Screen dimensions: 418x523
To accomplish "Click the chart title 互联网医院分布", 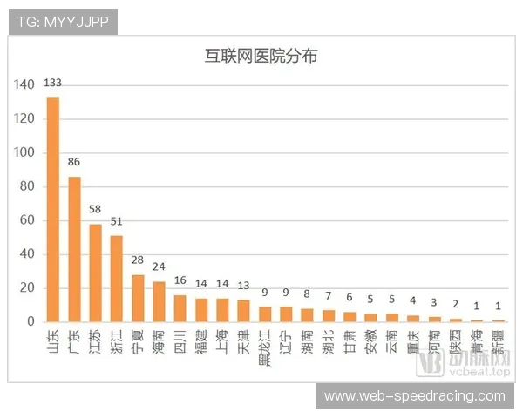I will (261, 57).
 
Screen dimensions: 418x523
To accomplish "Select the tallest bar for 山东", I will (53, 209).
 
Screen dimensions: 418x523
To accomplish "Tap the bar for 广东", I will (74, 249).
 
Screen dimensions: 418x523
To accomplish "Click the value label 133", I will (53, 84).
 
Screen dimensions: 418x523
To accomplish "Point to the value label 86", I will (74, 162).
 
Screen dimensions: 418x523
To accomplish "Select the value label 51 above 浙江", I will (117, 221).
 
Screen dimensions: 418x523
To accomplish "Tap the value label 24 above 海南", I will (159, 267).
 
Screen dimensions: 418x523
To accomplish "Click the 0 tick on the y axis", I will (31, 322).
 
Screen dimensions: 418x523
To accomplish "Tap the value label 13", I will (244, 286).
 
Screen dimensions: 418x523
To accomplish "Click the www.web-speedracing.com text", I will (414, 396).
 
